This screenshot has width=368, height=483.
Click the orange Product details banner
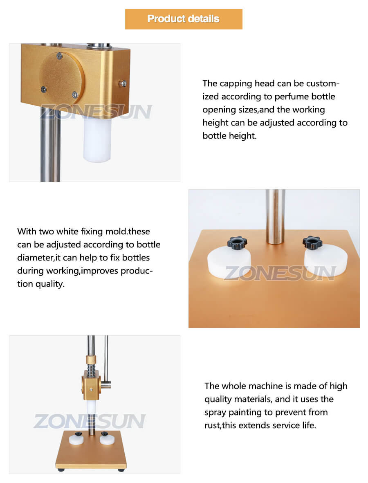(184, 19)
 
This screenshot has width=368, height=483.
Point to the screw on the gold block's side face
(123, 83)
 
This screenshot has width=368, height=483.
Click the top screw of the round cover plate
(60, 56)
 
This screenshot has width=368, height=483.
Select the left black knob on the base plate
(237, 243)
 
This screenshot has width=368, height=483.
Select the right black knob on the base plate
(312, 243)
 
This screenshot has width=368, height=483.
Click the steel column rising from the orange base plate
(275, 217)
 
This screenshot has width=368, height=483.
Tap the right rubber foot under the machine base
(121, 470)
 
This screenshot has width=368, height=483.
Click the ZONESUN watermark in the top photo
(96, 112)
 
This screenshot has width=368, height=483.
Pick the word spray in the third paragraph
(215, 413)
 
